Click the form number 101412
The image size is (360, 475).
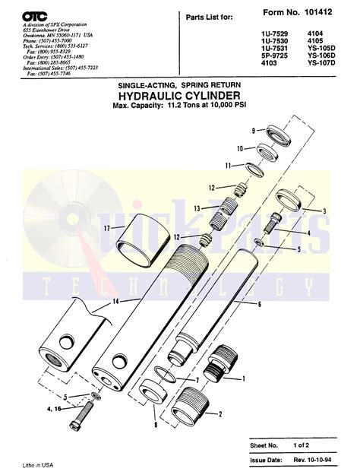pos(328,13)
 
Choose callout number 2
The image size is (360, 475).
pos(220,414)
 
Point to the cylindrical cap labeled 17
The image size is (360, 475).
pos(143,236)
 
